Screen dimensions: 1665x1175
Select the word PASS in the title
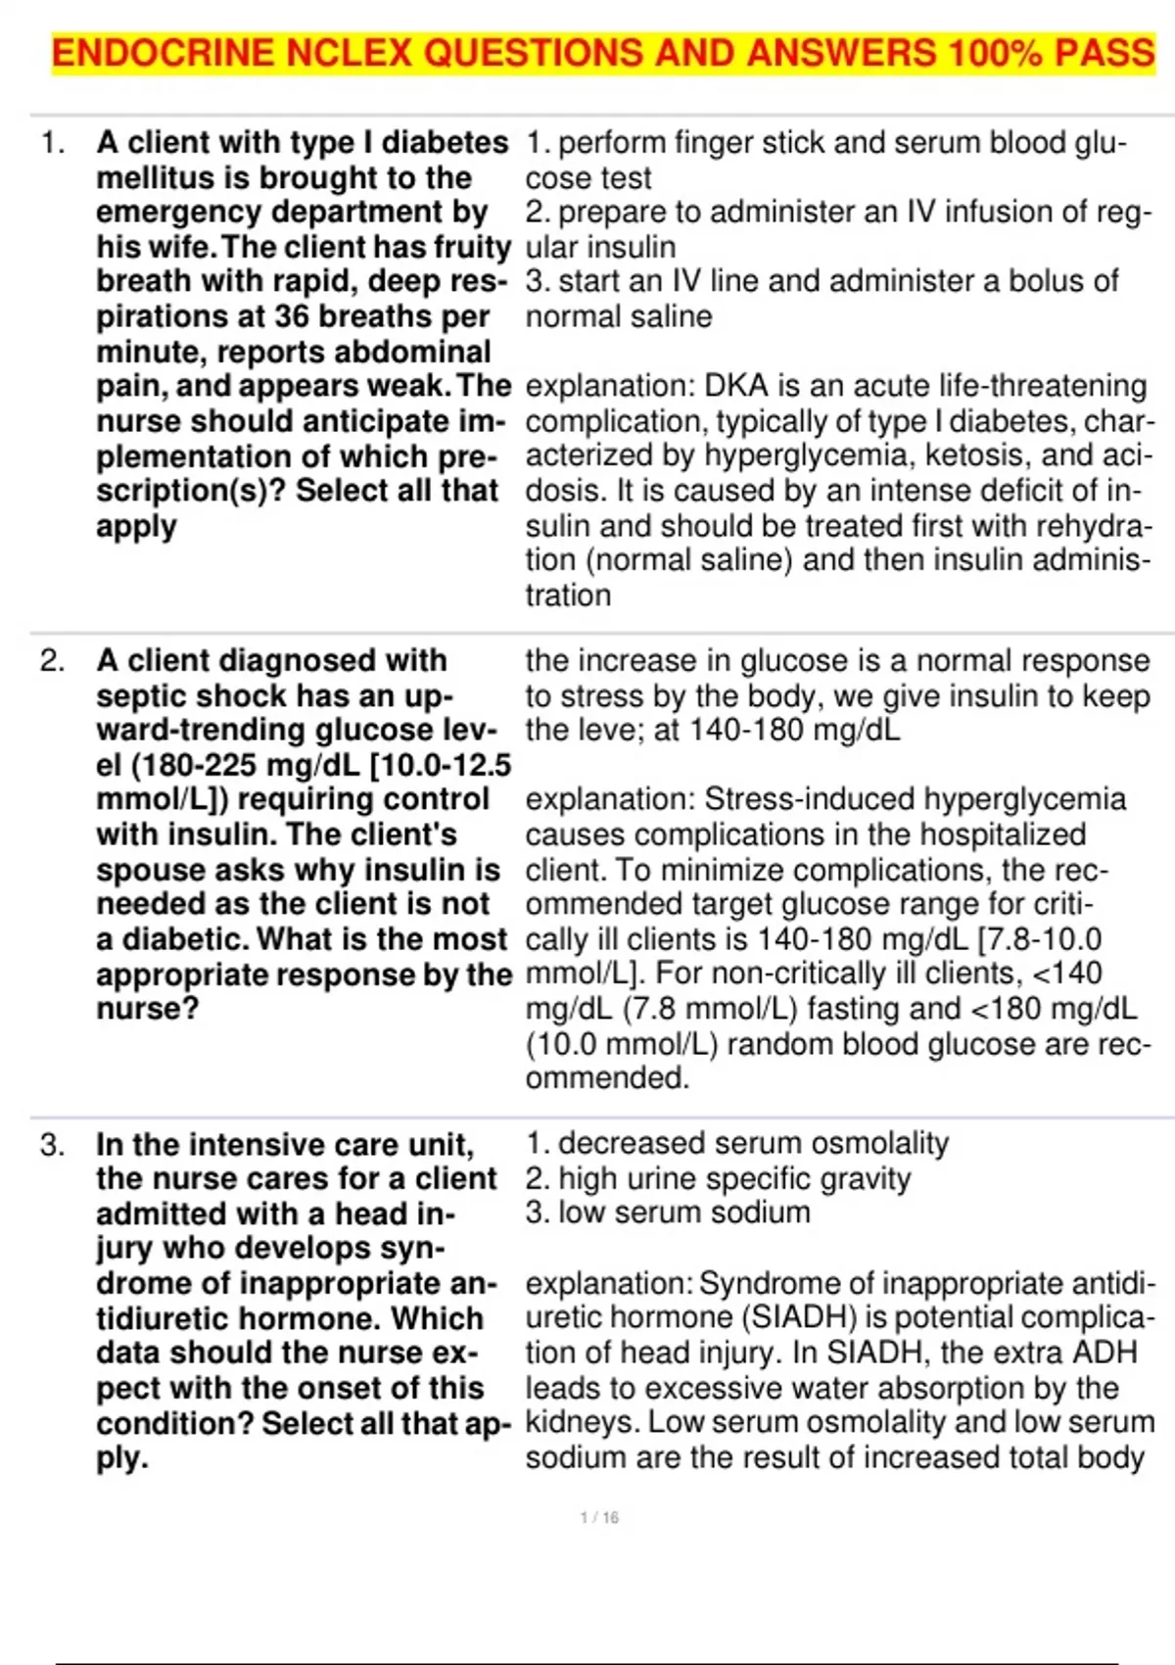click(1104, 53)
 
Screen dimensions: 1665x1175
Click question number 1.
click(52, 143)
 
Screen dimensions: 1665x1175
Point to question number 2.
click(52, 661)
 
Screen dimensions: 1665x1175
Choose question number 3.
click(52, 1145)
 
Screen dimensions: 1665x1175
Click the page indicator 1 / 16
click(599, 1517)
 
